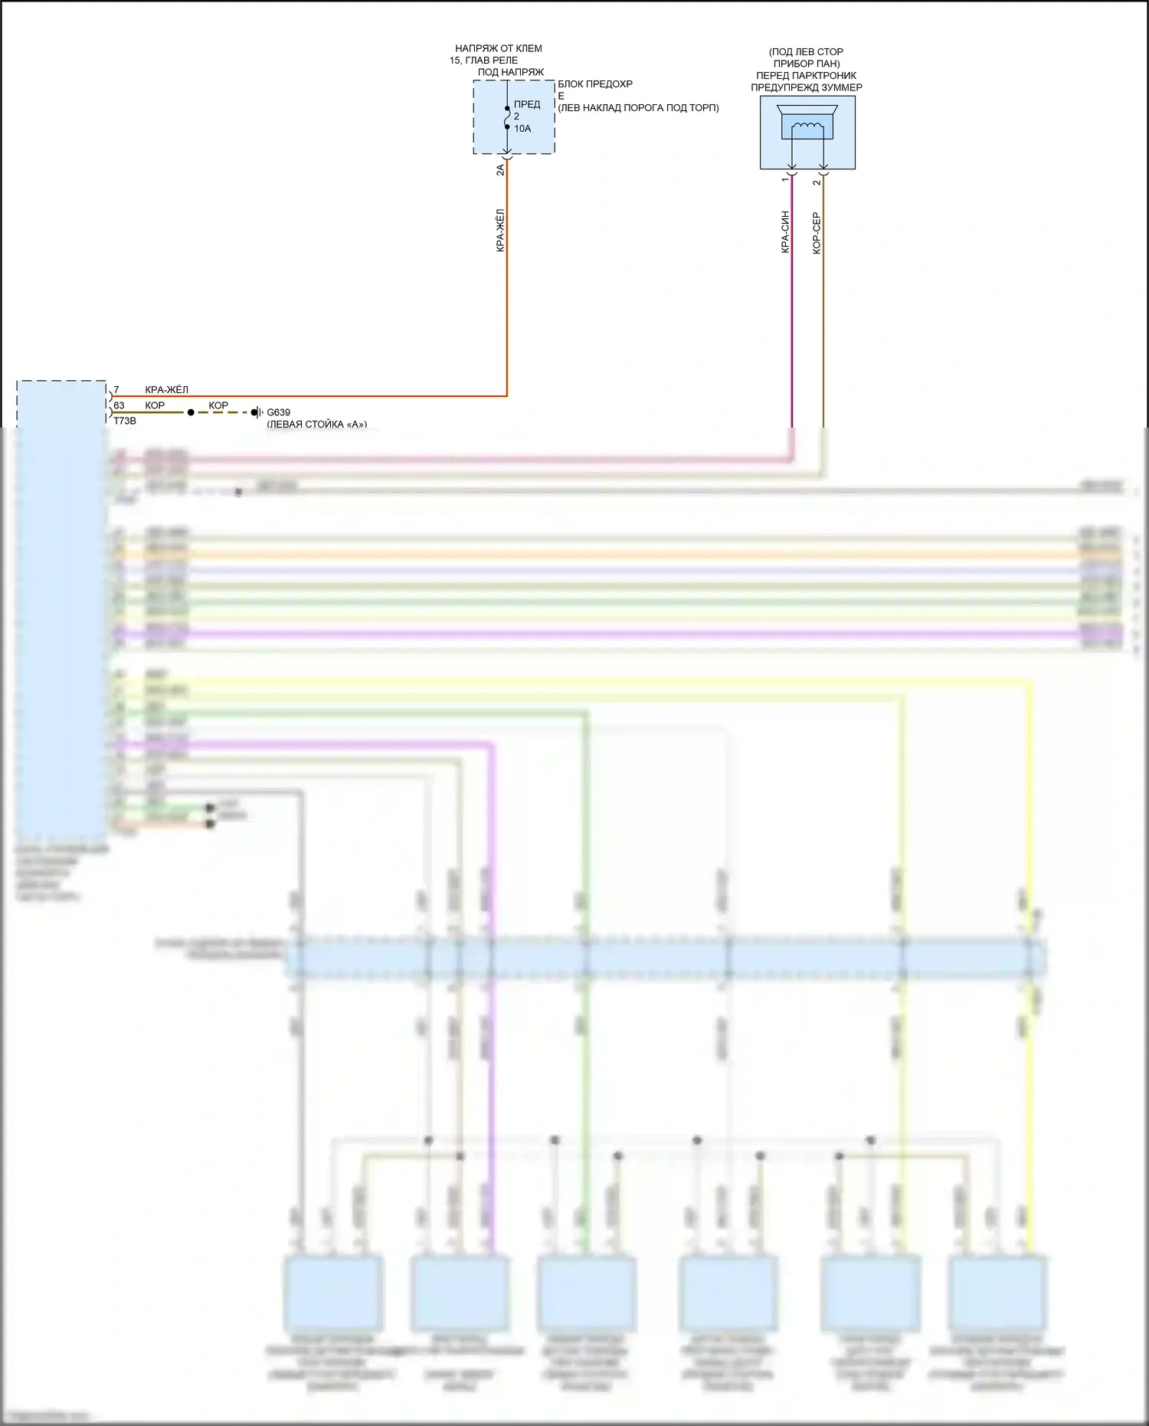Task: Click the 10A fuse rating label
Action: point(522,129)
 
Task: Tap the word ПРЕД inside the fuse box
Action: point(527,104)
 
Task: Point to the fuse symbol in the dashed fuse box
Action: point(507,116)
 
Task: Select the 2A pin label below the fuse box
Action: point(500,169)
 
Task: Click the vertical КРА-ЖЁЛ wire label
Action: point(500,230)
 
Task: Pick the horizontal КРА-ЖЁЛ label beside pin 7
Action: point(166,390)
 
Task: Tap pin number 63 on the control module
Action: point(119,405)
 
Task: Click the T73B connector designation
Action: point(125,421)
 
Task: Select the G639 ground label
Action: point(279,412)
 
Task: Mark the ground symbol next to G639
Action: point(258,412)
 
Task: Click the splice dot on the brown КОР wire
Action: point(191,412)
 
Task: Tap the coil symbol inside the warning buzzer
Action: point(807,127)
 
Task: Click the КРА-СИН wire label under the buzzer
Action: point(785,231)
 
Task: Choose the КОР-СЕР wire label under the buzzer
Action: point(817,233)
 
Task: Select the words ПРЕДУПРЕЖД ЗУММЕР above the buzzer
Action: point(807,87)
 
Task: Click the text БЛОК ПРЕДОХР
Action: point(595,84)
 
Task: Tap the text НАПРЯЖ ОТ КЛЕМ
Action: point(499,48)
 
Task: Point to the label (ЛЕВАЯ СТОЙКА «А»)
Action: point(316,424)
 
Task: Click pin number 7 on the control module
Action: point(116,390)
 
